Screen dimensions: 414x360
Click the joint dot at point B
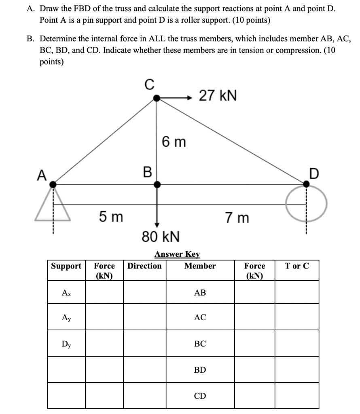(x=157, y=184)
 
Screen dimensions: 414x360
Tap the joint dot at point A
(x=53, y=184)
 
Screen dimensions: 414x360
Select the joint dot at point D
(x=306, y=184)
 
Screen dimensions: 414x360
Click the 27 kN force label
(x=218, y=96)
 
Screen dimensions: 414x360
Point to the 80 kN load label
(x=161, y=236)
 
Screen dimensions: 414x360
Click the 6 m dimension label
(x=174, y=142)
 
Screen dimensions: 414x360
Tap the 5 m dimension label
(x=111, y=218)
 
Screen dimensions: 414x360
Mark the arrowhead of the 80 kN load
(x=157, y=224)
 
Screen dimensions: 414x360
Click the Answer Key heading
(x=177, y=254)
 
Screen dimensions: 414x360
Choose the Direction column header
(x=144, y=266)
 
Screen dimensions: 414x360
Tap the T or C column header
(x=296, y=266)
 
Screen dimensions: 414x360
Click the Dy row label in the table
(x=66, y=344)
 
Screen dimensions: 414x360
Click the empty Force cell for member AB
(x=254, y=292)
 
